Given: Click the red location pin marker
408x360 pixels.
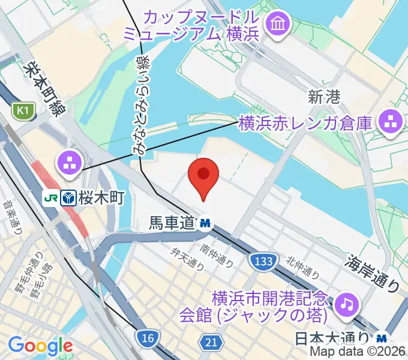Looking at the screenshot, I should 203,176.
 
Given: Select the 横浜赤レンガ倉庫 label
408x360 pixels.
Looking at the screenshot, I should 305,124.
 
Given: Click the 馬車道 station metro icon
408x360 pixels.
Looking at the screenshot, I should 206,223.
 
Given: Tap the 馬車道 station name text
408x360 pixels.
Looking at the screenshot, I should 172,223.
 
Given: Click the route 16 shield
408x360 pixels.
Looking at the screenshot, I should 148,338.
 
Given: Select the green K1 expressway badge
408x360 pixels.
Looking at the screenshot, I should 23,110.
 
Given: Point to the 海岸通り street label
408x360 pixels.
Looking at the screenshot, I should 373,274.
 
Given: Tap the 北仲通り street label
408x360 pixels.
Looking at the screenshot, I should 301,267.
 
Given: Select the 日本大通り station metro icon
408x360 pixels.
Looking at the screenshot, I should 382,338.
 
